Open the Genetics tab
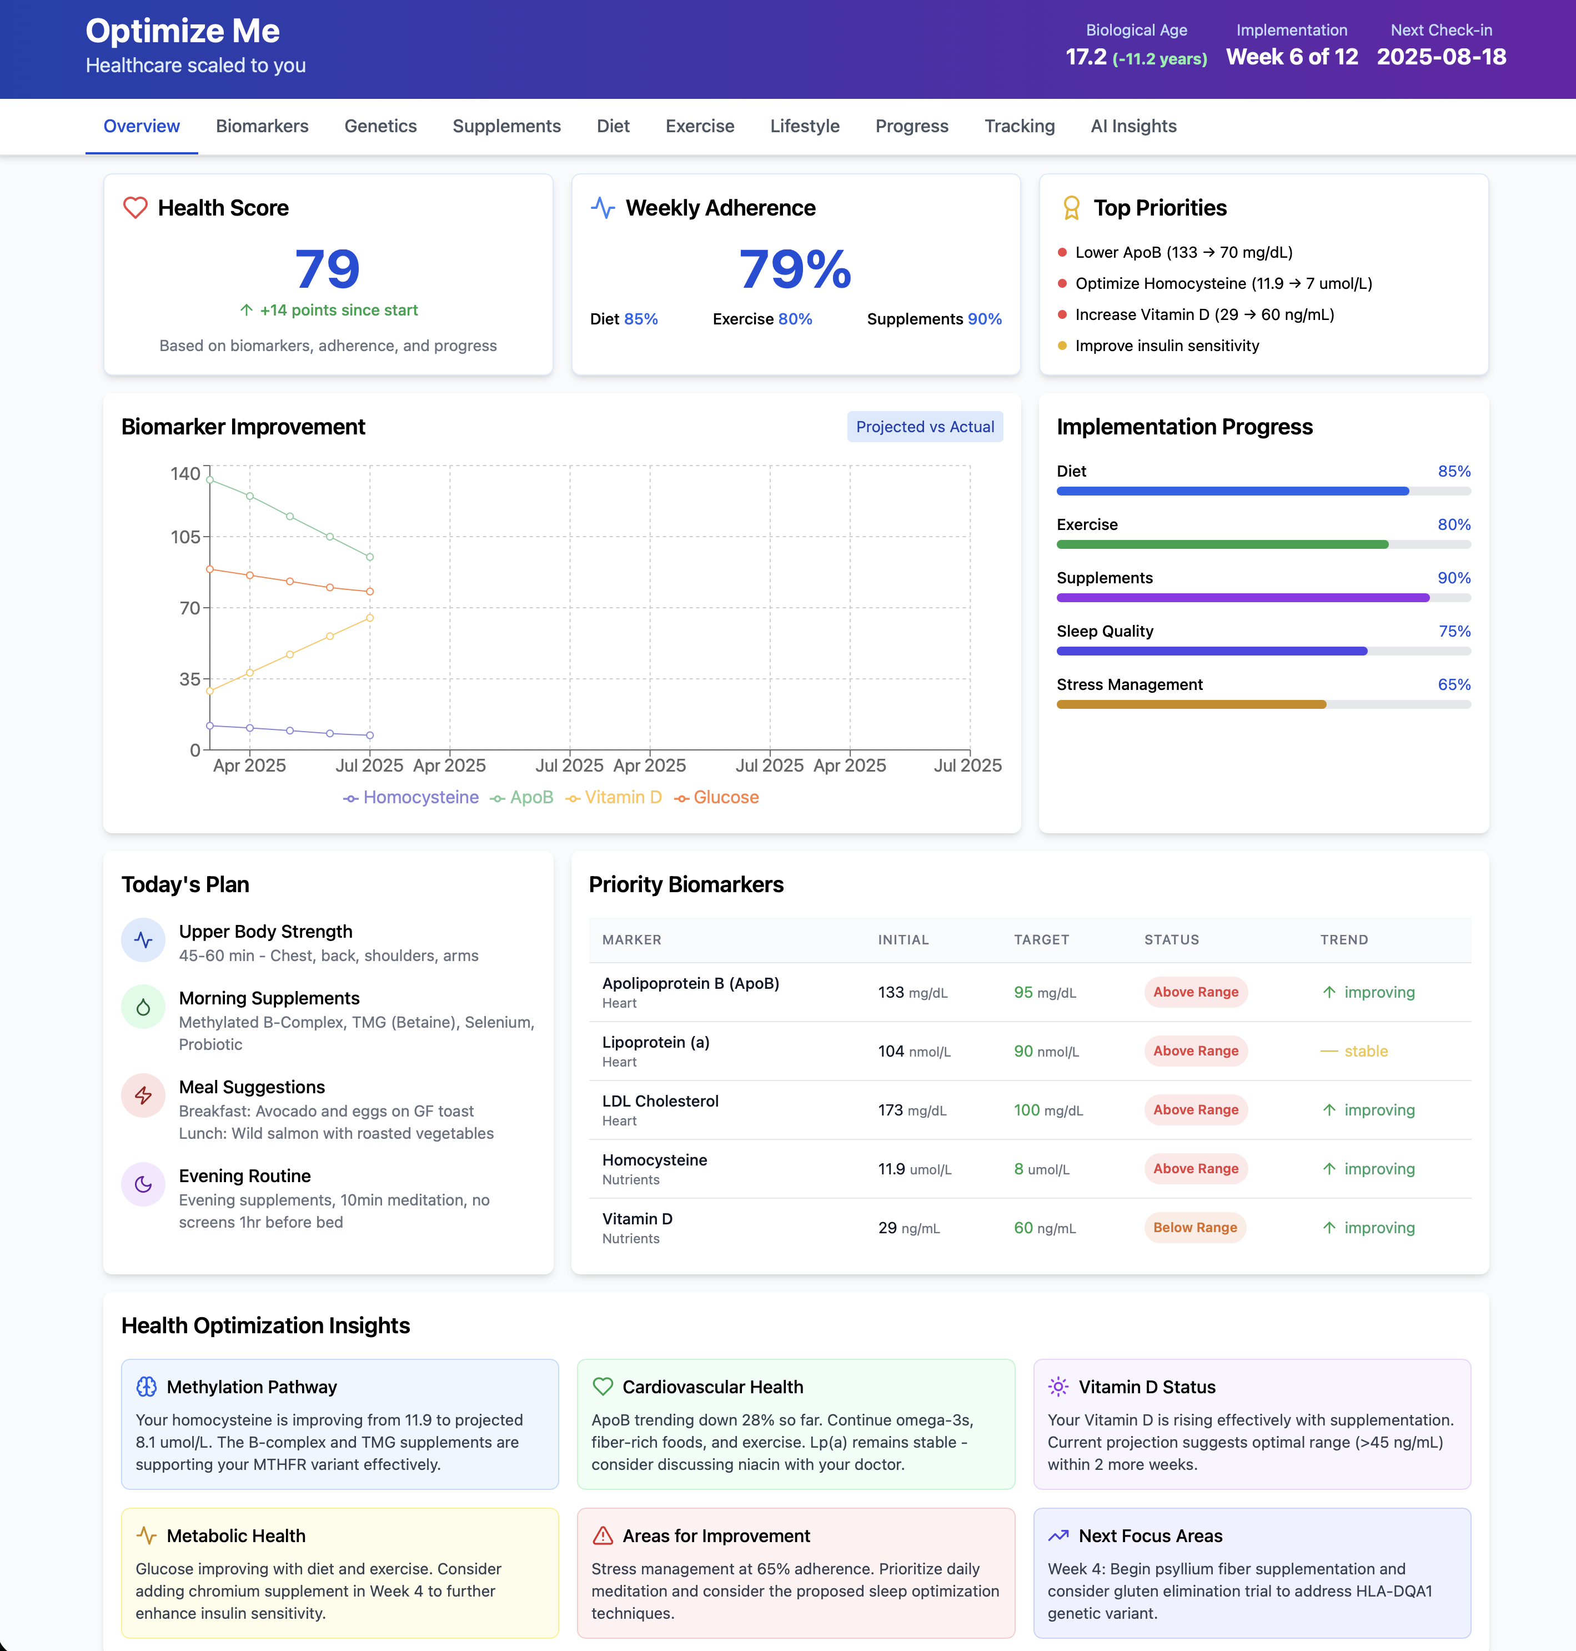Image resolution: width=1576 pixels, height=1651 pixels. click(380, 126)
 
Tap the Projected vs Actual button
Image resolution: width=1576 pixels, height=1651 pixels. click(924, 427)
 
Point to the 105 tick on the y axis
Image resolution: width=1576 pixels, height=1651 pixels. click(185, 537)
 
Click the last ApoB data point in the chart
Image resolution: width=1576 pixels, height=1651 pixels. click(370, 557)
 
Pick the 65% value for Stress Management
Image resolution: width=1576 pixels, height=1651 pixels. click(1453, 685)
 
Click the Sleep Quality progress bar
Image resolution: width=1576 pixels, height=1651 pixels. click(1263, 651)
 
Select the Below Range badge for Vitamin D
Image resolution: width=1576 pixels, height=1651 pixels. click(1194, 1228)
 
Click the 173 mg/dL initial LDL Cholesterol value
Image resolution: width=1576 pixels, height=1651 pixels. click(911, 1110)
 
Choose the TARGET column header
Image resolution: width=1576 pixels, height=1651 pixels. click(1041, 939)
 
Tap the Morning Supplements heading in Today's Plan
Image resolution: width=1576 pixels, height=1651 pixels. click(269, 998)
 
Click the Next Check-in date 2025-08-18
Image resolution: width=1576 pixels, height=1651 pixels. click(1441, 57)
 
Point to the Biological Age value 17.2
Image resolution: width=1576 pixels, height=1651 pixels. click(1086, 57)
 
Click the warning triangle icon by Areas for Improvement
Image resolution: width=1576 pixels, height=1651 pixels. click(603, 1536)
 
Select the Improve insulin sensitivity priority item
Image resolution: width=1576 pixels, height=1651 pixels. click(1166, 346)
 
